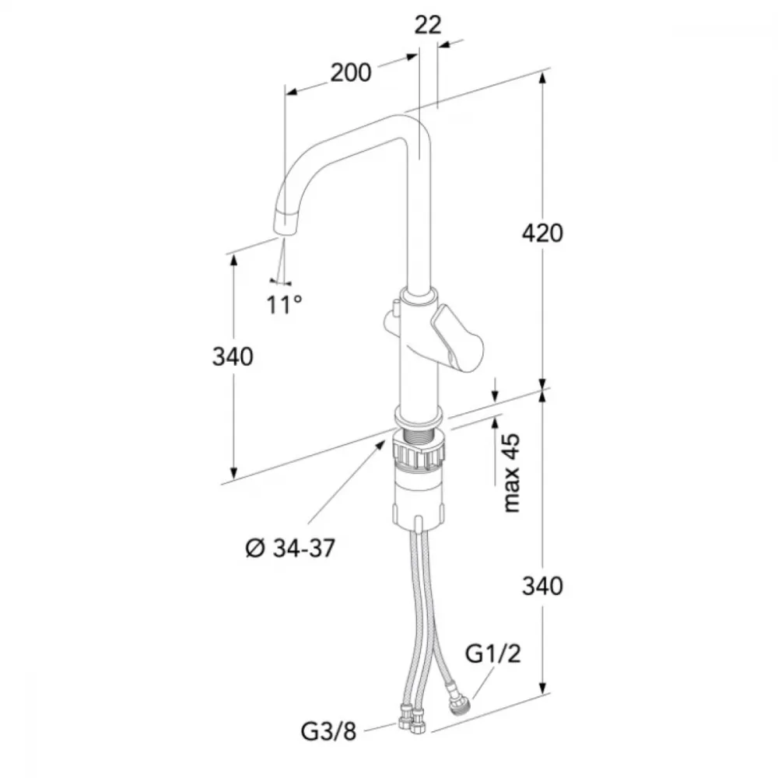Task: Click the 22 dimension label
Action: tap(428, 25)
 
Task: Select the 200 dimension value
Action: tap(351, 73)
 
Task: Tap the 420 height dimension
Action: tap(542, 233)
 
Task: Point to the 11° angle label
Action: tap(284, 305)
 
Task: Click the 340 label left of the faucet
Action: tap(233, 357)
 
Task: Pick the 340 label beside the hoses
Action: tap(542, 587)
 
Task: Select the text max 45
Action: tap(511, 473)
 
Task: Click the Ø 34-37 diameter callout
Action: tap(291, 548)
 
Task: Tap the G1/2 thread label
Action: tap(492, 654)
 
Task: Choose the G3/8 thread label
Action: tap(328, 731)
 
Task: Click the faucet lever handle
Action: tap(457, 338)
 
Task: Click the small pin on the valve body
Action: tap(395, 307)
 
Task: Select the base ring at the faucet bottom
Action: tap(419, 415)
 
